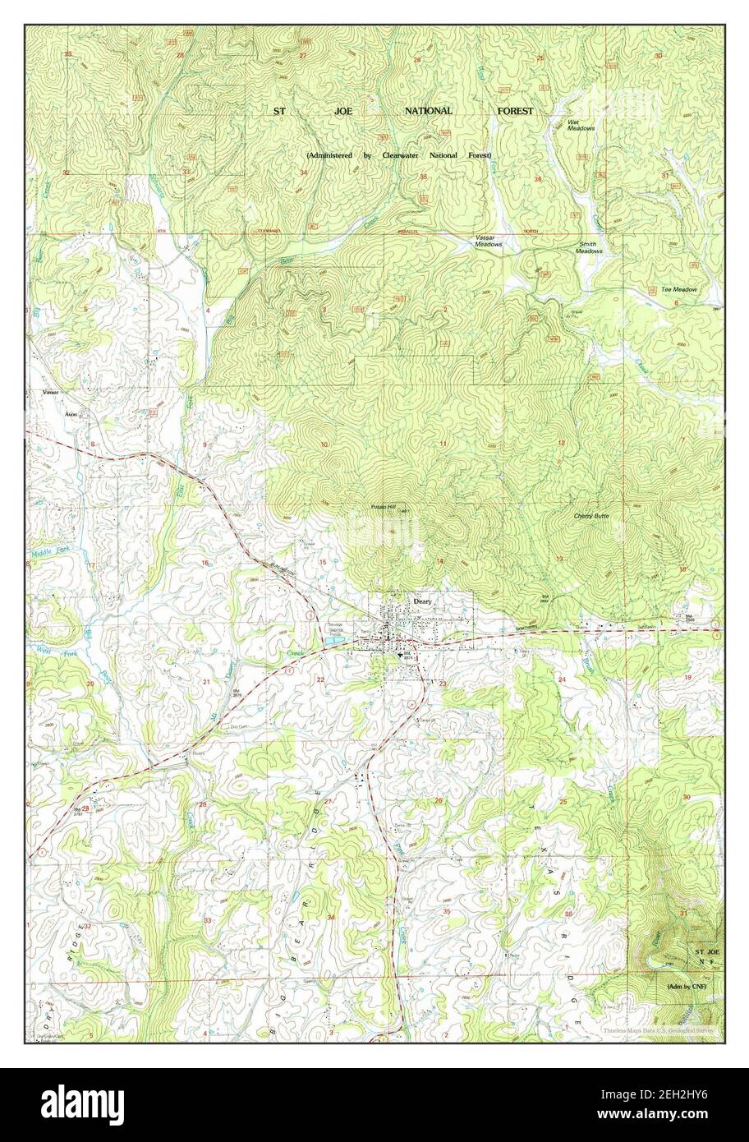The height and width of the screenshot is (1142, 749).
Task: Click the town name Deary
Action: coord(421,601)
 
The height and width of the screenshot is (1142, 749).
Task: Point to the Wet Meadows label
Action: coord(581,125)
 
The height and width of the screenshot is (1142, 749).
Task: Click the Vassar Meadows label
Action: coord(488,241)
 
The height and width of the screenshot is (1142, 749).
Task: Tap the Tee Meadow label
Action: coord(678,289)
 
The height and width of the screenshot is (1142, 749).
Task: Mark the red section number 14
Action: coord(440,560)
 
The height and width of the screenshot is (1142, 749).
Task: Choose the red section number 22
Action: coord(320,679)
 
